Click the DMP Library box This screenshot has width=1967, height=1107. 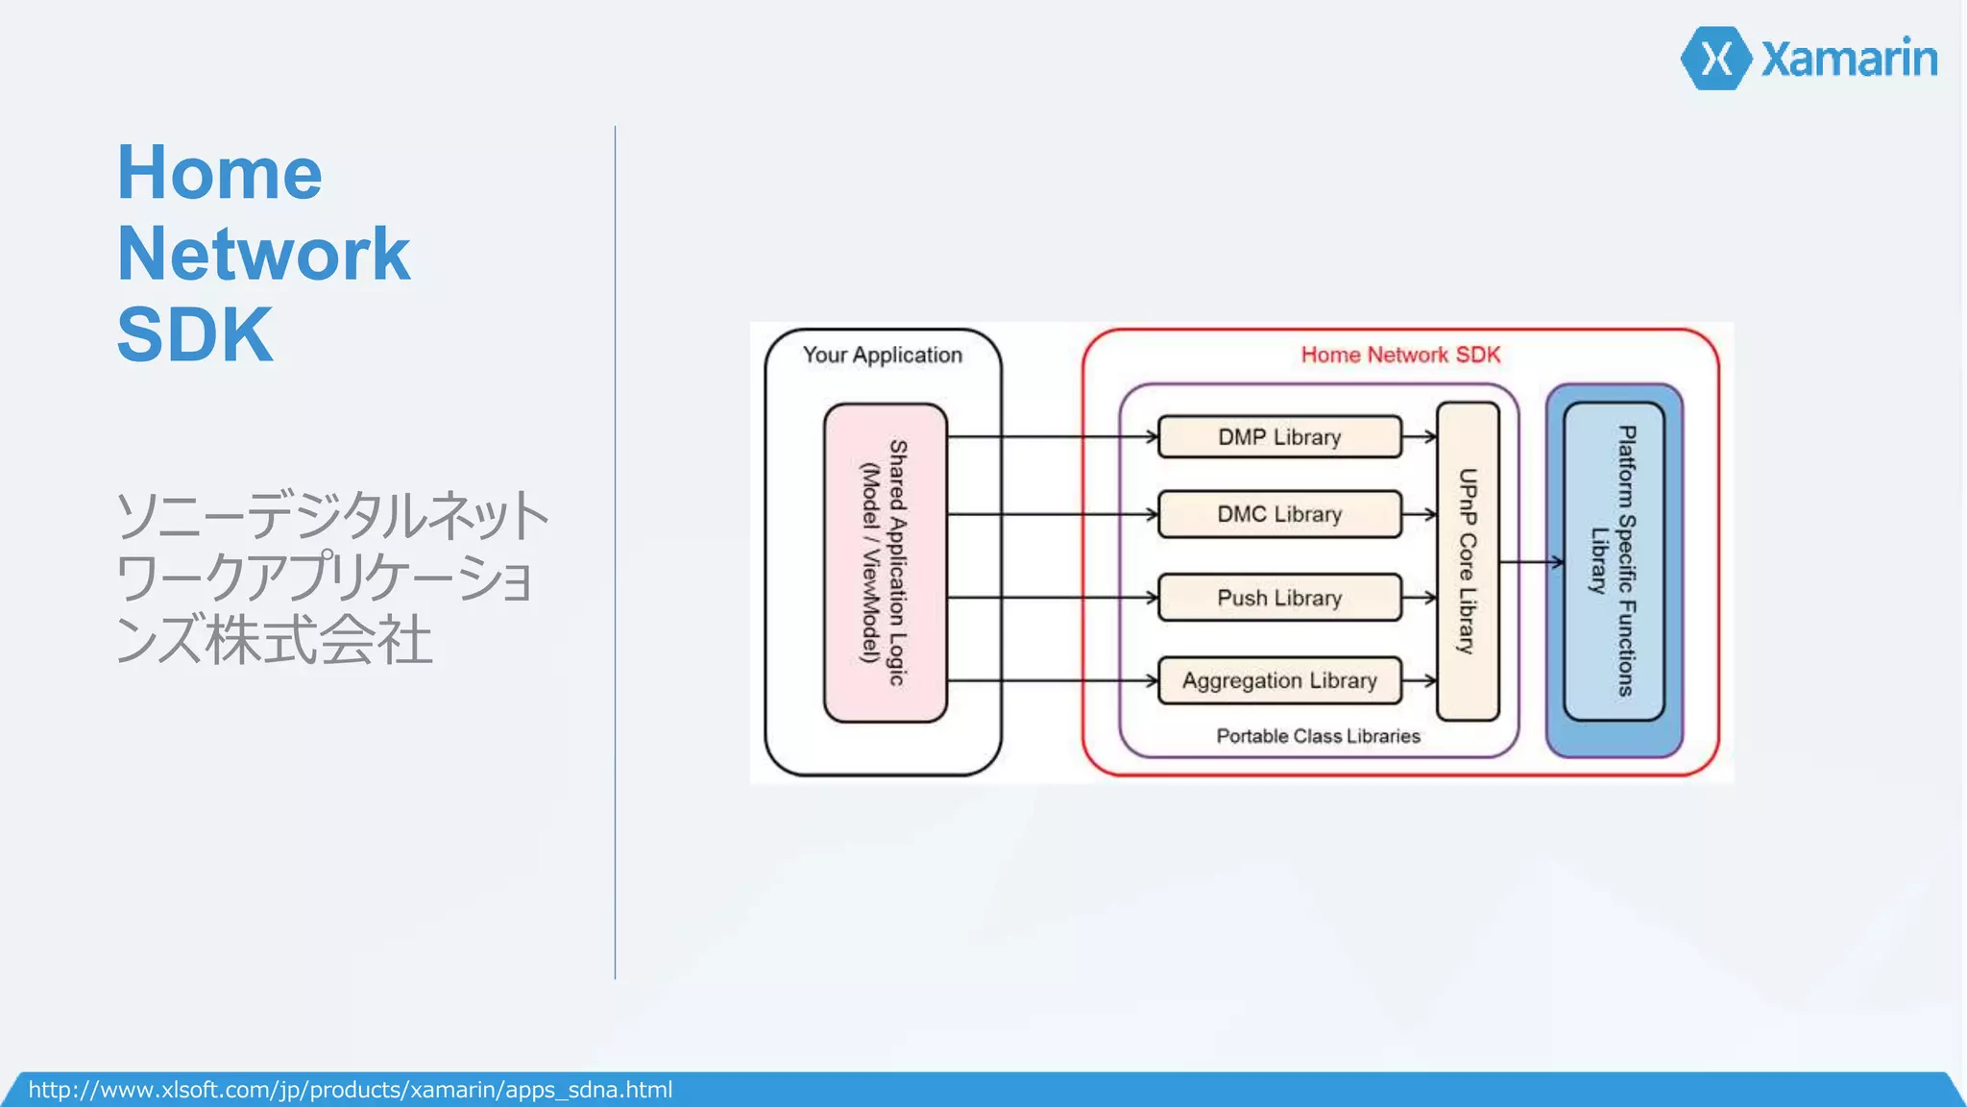pyautogui.click(x=1278, y=437)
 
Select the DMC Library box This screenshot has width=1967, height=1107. pyautogui.click(x=1278, y=514)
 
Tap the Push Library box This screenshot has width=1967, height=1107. pyautogui.click(x=1278, y=598)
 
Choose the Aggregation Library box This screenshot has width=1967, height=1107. pyautogui.click(x=1278, y=680)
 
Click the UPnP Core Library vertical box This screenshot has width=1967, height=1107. pyautogui.click(x=1467, y=561)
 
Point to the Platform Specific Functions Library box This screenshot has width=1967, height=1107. pyautogui.click(x=1614, y=561)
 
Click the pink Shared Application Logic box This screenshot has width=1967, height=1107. pyautogui.click(x=885, y=562)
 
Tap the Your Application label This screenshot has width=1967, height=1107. pyautogui.click(x=882, y=355)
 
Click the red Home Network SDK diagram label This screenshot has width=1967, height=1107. pyautogui.click(x=1400, y=355)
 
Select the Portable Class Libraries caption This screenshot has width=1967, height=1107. pyautogui.click(x=1318, y=736)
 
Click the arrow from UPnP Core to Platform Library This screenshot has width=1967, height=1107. pyautogui.click(x=1532, y=562)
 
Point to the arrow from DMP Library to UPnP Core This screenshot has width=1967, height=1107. pyautogui.click(x=1420, y=437)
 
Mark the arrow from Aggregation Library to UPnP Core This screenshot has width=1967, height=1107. pyautogui.click(x=1420, y=680)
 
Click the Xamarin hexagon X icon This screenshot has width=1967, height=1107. pyautogui.click(x=1716, y=59)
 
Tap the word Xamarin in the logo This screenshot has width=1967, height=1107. pyautogui.click(x=1849, y=59)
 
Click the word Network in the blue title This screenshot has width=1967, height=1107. pyautogui.click(x=263, y=254)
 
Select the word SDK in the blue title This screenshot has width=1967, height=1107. pyautogui.click(x=195, y=334)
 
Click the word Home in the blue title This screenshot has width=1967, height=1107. pyautogui.click(x=219, y=173)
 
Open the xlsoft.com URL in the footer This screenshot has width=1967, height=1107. pyautogui.click(x=351, y=1090)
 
